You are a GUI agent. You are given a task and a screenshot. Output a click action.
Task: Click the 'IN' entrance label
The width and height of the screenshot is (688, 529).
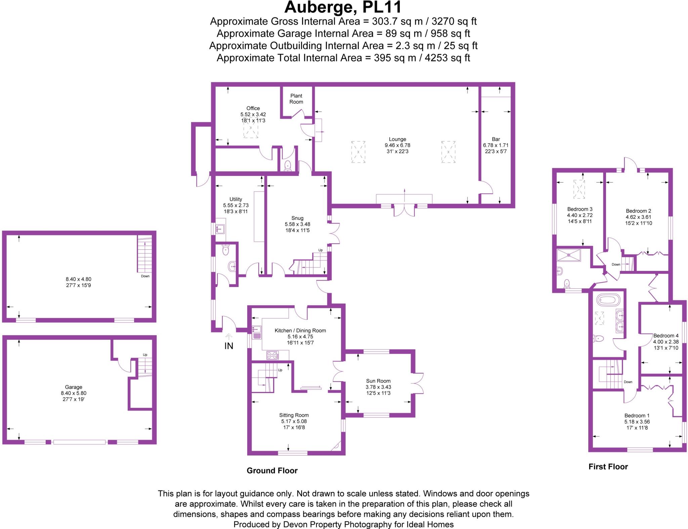[x=229, y=346]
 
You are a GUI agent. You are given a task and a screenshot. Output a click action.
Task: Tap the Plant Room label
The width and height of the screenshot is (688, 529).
[x=296, y=99]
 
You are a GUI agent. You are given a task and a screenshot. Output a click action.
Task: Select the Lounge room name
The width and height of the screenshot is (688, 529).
[x=397, y=139]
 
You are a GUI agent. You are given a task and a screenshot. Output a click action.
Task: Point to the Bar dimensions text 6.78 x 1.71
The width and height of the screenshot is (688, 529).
[x=496, y=145]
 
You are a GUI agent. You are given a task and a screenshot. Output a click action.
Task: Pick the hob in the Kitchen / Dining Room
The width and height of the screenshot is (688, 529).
[x=273, y=355]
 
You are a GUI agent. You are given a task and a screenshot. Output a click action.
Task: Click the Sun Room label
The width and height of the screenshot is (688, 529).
[x=378, y=381]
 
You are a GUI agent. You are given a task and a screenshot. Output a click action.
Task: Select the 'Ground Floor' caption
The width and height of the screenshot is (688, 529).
[x=272, y=471]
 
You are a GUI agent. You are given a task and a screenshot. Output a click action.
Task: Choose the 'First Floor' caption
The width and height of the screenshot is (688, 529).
[x=608, y=467]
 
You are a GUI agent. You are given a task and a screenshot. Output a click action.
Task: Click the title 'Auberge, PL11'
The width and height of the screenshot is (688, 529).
[x=343, y=7]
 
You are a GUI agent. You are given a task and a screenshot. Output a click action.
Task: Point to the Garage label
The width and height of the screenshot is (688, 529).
[x=74, y=387]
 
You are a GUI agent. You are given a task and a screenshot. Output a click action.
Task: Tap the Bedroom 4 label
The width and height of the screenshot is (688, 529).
[x=666, y=336]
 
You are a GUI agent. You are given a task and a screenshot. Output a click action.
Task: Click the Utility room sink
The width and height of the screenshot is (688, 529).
[x=221, y=228]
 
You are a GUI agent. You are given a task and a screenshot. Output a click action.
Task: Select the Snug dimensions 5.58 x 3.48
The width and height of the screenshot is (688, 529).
[x=297, y=224]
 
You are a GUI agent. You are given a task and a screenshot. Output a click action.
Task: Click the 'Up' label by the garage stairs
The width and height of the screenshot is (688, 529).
[x=145, y=355]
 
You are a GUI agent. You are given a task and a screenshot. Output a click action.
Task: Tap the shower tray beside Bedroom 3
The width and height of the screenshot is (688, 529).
[x=568, y=255]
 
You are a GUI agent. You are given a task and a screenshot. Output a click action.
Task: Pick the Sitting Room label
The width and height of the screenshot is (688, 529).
[x=294, y=415]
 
